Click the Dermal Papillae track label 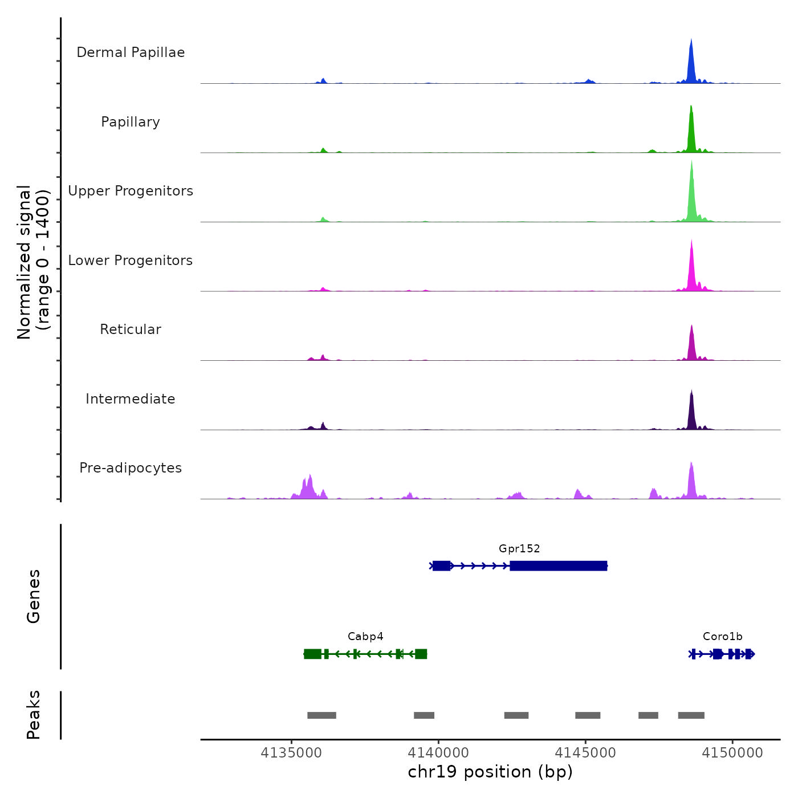tap(131, 52)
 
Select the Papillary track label tap(131, 122)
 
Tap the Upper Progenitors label tap(131, 191)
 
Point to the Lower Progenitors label tap(131, 260)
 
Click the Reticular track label tap(131, 329)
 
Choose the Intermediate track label tap(131, 399)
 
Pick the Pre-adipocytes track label tap(131, 468)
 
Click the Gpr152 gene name tap(519, 549)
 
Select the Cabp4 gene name tap(365, 637)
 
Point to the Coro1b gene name tap(722, 637)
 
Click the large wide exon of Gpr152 tap(558, 566)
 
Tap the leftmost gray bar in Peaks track tap(321, 715)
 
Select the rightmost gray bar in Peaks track tap(691, 715)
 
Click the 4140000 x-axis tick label tap(438, 753)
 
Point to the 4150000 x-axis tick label tap(732, 753)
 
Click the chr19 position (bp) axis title tap(490, 772)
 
